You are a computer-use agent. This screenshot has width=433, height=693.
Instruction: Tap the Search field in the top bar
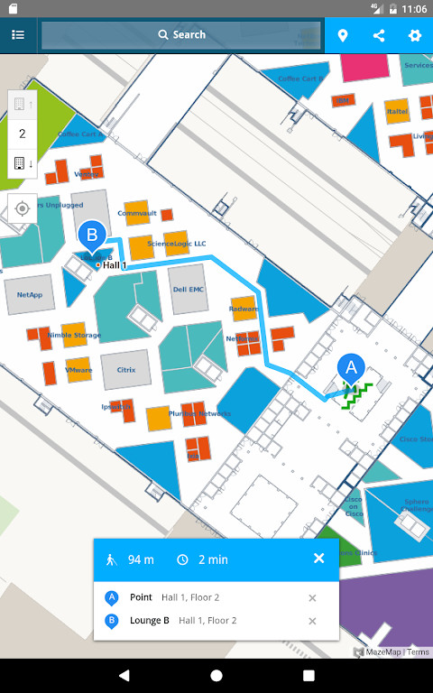point(180,35)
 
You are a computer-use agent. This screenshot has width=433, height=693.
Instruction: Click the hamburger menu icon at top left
point(18,35)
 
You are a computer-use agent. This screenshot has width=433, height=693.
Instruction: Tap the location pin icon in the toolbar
point(343,35)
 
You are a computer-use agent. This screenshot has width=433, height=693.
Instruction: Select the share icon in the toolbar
point(379,35)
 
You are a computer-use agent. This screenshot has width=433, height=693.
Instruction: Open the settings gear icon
point(415,35)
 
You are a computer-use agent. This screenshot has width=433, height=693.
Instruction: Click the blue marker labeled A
point(352,368)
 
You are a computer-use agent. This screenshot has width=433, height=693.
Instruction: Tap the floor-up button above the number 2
point(23,105)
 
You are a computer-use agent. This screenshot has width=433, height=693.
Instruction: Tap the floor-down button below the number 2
point(23,163)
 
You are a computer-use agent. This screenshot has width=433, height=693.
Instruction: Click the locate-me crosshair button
point(23,208)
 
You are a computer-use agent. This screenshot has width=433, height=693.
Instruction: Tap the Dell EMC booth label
point(189,290)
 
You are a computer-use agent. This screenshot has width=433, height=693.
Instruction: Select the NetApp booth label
point(30,294)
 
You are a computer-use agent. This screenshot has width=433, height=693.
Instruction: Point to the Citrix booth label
point(125,368)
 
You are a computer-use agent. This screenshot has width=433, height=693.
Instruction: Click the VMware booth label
point(78,370)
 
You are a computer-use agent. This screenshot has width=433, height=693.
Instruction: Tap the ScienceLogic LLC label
point(177,244)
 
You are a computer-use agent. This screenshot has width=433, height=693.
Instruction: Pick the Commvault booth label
point(137,213)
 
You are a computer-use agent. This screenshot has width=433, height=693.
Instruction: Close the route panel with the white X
point(318,559)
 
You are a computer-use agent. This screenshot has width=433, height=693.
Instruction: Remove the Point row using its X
point(312,597)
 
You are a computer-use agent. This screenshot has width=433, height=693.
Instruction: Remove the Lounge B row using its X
point(312,621)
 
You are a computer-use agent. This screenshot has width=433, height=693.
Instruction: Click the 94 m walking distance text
point(141,559)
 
